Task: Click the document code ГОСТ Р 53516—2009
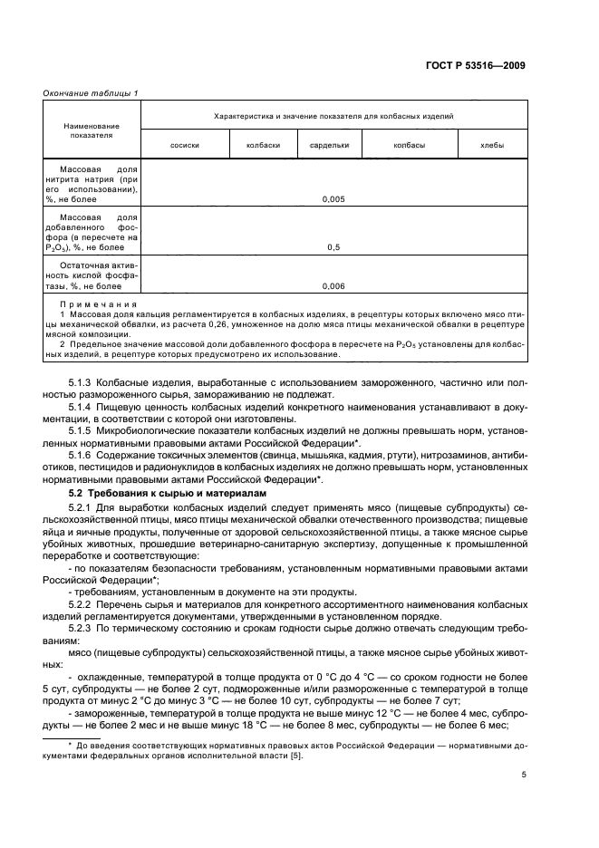(478, 64)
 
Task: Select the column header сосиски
(185, 145)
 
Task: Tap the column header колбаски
(263, 145)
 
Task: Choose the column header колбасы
(409, 145)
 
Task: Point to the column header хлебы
(492, 145)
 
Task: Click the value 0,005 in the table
(334, 198)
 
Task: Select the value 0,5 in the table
(334, 246)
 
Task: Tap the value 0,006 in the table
(334, 285)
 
